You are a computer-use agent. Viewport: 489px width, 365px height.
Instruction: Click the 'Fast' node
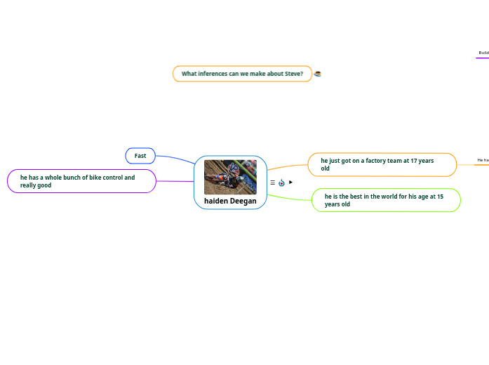(140, 156)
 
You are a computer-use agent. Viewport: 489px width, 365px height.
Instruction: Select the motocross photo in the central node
(230, 177)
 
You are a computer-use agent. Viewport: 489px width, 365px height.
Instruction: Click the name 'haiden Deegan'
(230, 201)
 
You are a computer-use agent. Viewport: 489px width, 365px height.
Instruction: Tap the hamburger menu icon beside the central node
(272, 182)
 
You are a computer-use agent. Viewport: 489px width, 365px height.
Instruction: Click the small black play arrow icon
(290, 182)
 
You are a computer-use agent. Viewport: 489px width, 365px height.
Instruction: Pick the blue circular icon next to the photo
(281, 182)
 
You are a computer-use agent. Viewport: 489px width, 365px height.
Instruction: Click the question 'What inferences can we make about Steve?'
(242, 74)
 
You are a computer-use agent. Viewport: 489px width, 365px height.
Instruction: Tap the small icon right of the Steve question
(317, 74)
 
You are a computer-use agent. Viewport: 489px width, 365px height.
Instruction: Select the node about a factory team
(382, 165)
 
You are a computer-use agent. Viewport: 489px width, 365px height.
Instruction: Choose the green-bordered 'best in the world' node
(386, 200)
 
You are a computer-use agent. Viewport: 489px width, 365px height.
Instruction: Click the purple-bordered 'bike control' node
(81, 181)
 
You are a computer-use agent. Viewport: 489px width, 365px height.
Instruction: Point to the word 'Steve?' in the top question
(294, 74)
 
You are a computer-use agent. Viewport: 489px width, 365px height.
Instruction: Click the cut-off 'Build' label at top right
(483, 53)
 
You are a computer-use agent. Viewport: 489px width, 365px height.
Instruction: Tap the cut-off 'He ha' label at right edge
(483, 160)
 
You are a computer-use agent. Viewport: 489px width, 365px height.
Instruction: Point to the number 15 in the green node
(440, 197)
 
